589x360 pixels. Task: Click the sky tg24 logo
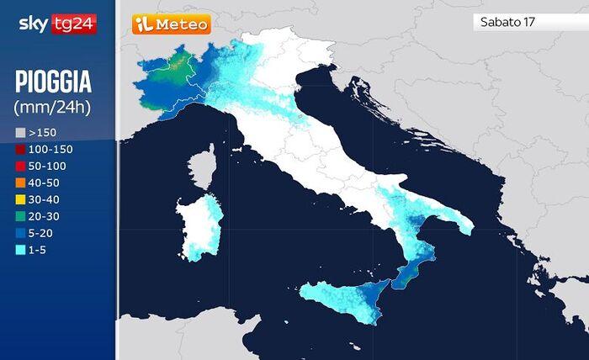click(57, 24)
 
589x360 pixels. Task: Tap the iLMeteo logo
click(171, 24)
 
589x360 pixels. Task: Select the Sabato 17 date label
click(507, 22)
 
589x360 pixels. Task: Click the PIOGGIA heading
click(53, 82)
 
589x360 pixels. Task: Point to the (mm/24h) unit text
click(52, 107)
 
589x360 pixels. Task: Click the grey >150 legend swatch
click(20, 133)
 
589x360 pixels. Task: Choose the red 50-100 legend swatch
click(20, 167)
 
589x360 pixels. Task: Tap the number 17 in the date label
click(528, 22)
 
